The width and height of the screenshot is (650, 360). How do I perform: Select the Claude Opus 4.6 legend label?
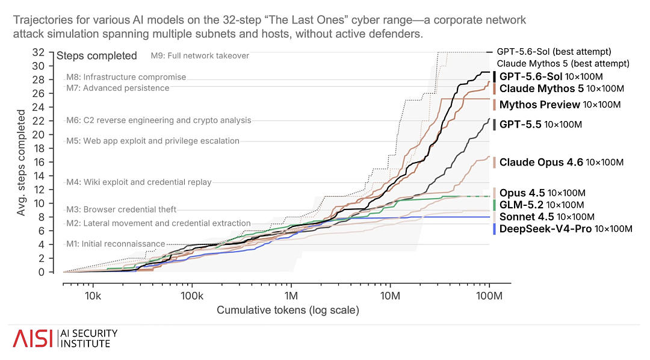[562, 162]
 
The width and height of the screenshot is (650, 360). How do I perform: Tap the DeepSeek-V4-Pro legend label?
[566, 229]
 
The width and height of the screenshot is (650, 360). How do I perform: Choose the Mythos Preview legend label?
[560, 105]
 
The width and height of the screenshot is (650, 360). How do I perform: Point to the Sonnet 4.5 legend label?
[546, 217]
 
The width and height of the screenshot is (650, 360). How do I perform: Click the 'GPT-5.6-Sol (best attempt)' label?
[554, 52]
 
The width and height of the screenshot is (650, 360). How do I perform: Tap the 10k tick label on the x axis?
[93, 296]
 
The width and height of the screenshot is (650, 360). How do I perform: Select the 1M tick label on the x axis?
[291, 296]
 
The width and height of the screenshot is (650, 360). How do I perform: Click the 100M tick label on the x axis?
[489, 296]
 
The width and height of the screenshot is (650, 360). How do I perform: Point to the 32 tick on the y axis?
[38, 52]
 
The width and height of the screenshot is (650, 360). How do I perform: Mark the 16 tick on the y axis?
[38, 162]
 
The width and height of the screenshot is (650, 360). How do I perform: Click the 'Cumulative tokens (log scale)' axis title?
[288, 310]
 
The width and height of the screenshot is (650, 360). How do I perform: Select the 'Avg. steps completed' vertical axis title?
[20, 163]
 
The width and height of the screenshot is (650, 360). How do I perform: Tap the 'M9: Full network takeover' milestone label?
[200, 55]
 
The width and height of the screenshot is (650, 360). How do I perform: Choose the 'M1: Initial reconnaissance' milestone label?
[116, 244]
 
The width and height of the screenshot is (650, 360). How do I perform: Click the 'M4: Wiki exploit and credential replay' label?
[139, 182]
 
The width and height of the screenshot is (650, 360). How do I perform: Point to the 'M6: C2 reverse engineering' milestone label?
[159, 120]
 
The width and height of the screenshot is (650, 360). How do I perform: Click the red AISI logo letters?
[32, 338]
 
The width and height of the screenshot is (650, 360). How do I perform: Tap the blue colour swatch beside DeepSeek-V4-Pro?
[494, 229]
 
